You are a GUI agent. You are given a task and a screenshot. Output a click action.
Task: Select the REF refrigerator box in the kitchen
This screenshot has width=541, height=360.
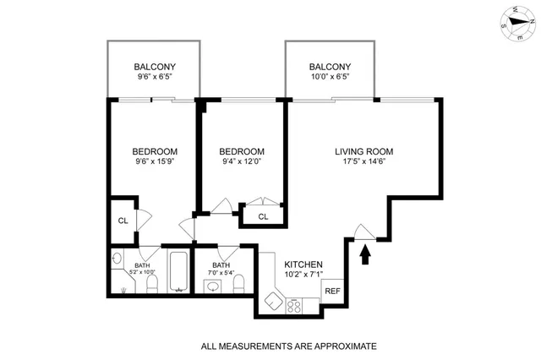[x=331, y=290]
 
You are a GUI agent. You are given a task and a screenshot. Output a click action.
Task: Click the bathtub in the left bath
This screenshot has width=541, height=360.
[x=178, y=271]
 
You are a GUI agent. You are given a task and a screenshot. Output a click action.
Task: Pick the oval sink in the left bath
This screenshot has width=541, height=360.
[x=117, y=259]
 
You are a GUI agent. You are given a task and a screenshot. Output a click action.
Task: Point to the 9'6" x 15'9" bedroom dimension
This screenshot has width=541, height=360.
[x=153, y=164]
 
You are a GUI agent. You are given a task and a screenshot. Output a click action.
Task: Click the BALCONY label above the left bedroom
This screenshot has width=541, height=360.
[x=154, y=68]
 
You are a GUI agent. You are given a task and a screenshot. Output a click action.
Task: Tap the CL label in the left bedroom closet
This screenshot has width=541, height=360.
[x=122, y=221]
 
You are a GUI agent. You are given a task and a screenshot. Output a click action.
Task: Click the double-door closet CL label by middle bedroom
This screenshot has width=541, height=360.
[x=262, y=217]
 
